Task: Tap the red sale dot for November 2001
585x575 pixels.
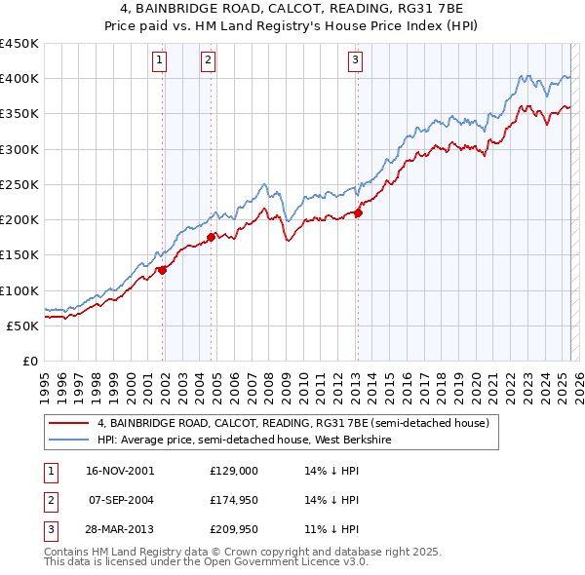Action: (163, 270)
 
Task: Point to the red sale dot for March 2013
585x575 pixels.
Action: (358, 212)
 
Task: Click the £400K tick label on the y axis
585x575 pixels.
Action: (19, 79)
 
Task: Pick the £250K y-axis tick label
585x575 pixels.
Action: (19, 184)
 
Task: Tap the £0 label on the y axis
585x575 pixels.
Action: (29, 361)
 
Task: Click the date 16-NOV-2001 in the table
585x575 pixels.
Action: (119, 470)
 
